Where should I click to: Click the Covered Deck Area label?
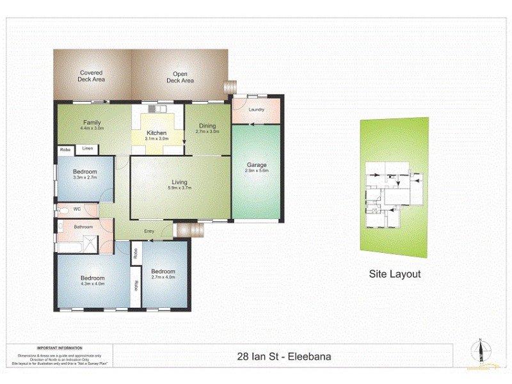click(x=92, y=76)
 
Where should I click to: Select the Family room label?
click(x=92, y=123)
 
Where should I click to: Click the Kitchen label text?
click(x=156, y=133)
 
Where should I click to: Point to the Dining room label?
click(x=207, y=125)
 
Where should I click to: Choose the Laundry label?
click(x=257, y=110)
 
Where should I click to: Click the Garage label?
click(x=257, y=165)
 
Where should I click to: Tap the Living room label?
click(x=179, y=181)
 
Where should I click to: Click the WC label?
click(x=76, y=209)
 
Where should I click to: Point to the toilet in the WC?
click(x=63, y=210)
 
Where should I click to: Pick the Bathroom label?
click(x=84, y=227)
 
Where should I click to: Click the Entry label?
click(x=150, y=231)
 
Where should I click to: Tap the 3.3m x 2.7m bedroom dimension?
click(x=84, y=178)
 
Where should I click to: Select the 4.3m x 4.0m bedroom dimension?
click(x=92, y=284)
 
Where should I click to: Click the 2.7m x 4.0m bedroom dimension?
click(x=163, y=277)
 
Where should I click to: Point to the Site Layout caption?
click(x=395, y=274)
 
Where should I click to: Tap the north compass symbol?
click(x=479, y=351)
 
